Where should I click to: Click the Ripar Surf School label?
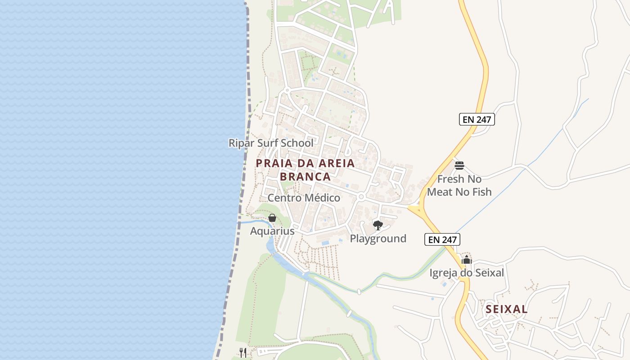(271, 143)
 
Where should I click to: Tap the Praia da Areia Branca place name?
(306, 170)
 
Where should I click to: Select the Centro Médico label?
(304, 198)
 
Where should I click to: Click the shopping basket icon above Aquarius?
(272, 218)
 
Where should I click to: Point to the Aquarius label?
(272, 231)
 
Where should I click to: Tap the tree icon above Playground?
(378, 225)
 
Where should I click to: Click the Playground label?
(378, 238)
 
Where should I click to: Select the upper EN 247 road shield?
(477, 119)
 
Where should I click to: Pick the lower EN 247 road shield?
(442, 239)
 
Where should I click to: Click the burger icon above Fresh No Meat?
(459, 166)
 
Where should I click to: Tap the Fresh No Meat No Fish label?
(459, 185)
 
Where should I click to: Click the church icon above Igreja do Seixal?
(467, 260)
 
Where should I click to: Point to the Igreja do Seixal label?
(467, 273)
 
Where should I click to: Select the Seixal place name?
(507, 309)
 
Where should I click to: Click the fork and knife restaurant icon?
(243, 352)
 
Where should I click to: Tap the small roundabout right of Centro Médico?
(361, 197)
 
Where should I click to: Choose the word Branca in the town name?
(306, 176)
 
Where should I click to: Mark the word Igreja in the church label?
(444, 273)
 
